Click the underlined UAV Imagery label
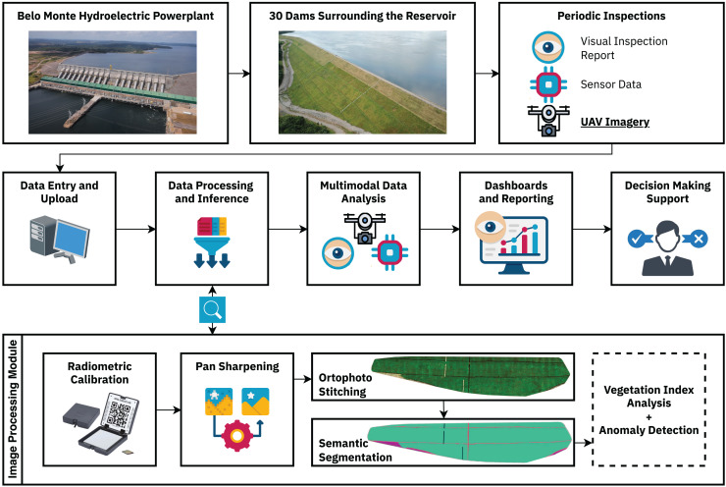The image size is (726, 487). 615,122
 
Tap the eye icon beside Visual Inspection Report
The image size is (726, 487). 548,47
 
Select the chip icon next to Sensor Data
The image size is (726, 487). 548,84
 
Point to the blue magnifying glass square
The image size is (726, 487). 212,309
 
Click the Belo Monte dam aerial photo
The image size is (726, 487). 113,82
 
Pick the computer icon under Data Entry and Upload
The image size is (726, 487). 60,240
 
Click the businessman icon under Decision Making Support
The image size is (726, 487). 668,247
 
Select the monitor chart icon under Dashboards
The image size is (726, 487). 511,243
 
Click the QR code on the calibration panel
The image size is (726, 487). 120,413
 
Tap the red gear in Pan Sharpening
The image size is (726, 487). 237,436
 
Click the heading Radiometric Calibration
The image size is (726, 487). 99,373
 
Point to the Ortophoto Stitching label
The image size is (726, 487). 345,385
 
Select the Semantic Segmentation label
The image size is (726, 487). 355,451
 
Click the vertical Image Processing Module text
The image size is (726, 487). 13,409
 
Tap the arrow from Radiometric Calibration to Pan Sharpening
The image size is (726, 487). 169,409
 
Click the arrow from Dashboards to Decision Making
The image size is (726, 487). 593,229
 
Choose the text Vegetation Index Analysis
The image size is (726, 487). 648,397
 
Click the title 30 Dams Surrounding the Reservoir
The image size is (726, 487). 363,16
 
